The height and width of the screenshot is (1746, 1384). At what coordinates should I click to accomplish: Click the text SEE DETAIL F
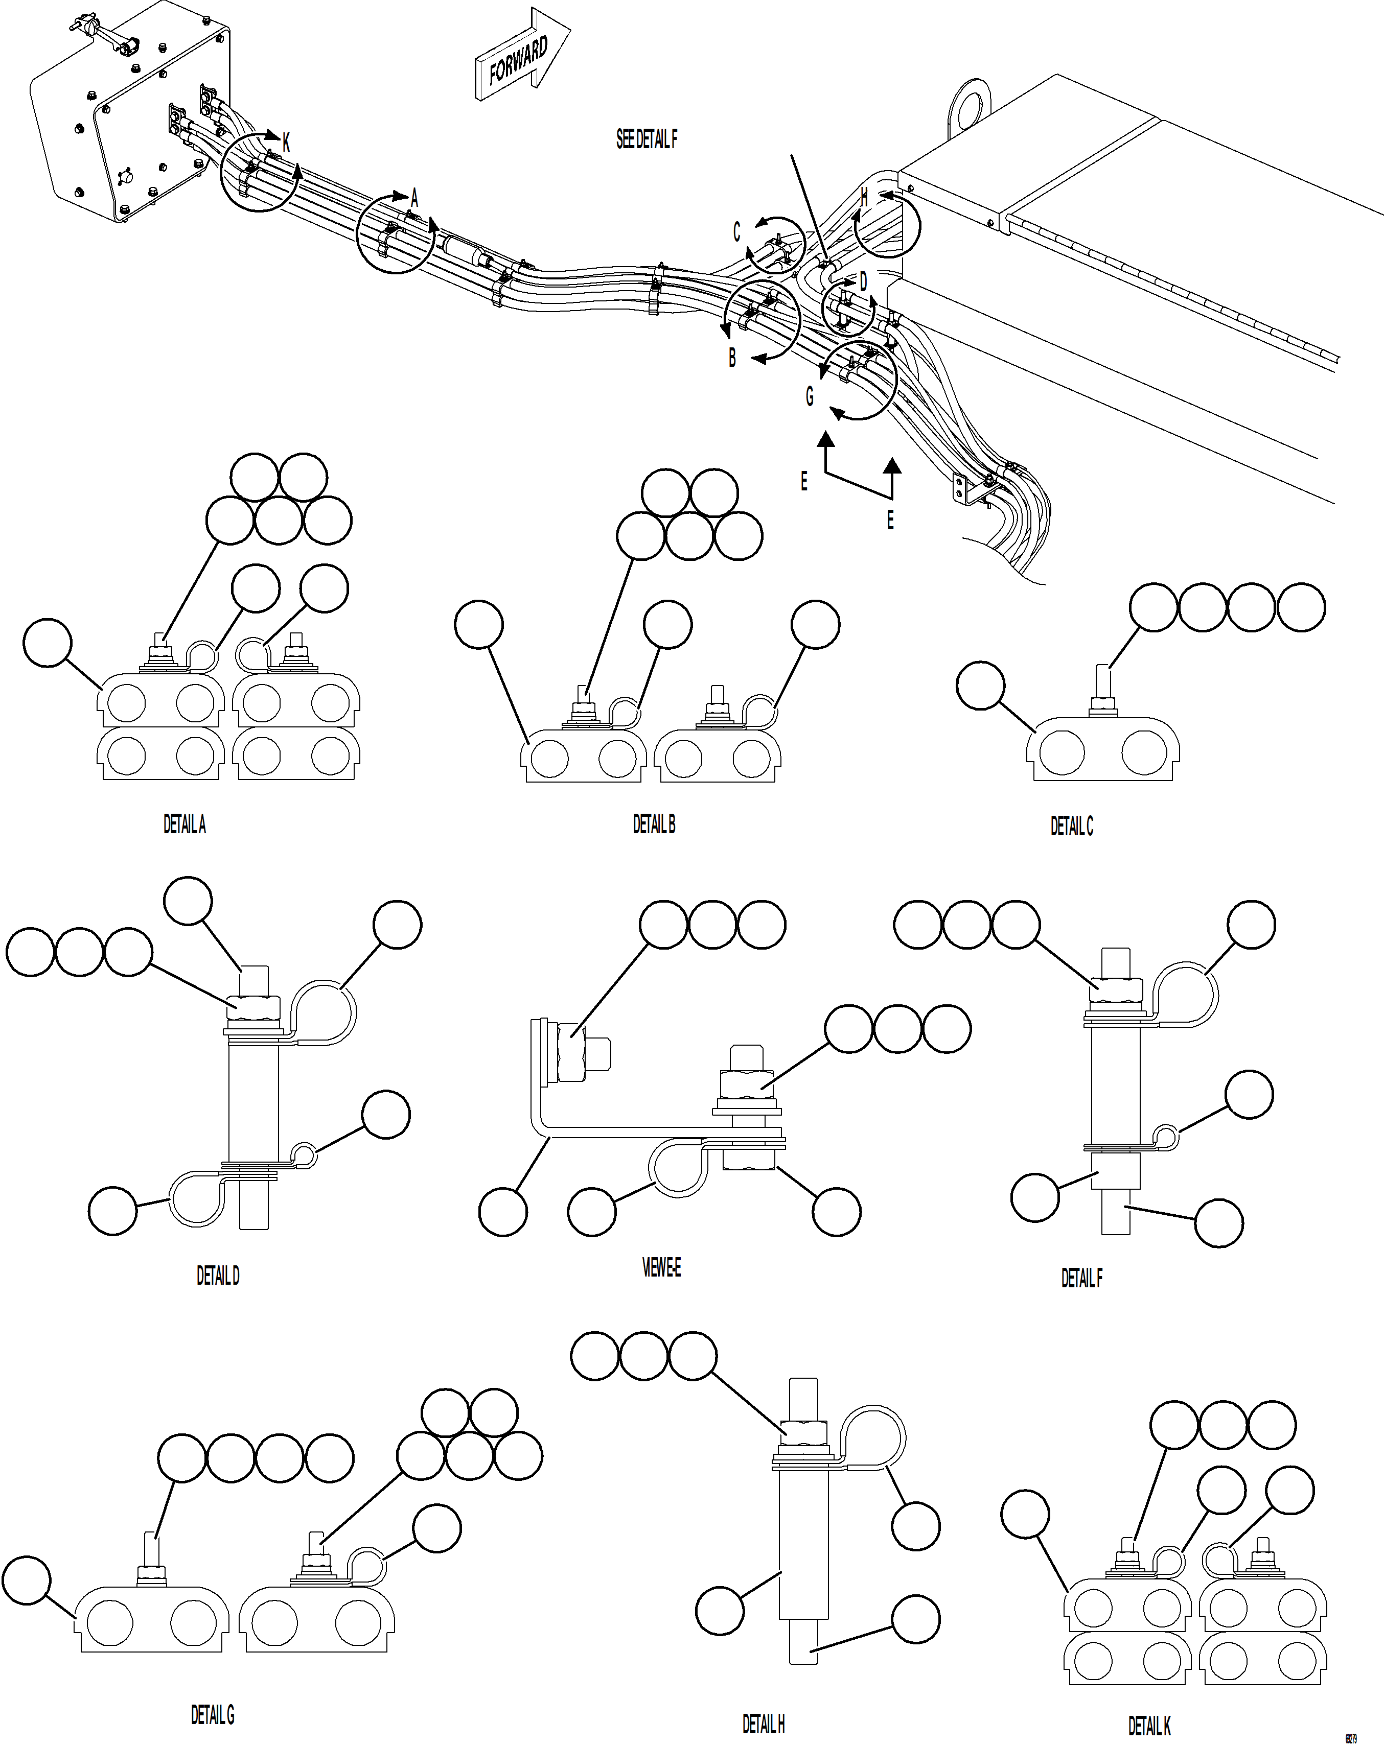click(646, 139)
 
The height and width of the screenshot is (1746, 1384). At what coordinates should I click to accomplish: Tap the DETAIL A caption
click(184, 824)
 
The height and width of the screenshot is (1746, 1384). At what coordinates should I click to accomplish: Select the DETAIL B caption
click(653, 824)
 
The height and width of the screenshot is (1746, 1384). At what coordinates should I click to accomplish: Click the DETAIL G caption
click(212, 1714)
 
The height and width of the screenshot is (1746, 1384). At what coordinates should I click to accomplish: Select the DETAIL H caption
click(764, 1724)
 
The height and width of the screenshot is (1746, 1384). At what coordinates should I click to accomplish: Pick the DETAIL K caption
click(1149, 1726)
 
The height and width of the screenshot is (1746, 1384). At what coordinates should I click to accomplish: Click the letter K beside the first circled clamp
click(286, 144)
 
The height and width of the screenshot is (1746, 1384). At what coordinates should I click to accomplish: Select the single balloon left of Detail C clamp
click(980, 685)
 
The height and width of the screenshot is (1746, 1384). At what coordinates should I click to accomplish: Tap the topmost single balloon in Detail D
click(188, 901)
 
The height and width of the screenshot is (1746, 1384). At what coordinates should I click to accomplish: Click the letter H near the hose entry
click(865, 197)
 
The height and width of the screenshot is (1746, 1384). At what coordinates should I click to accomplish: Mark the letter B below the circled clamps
click(732, 357)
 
